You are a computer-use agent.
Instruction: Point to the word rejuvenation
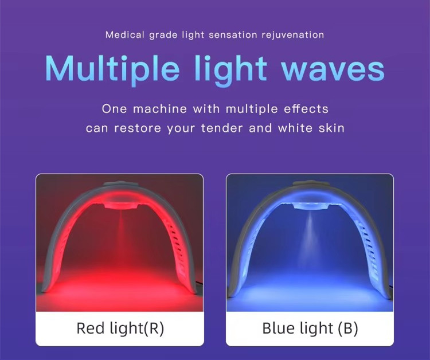tap(293, 35)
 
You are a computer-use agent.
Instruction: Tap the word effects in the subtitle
tap(307, 108)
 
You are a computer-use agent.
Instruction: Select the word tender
tap(223, 128)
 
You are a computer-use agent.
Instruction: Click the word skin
tap(332, 128)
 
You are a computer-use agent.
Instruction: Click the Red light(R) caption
tap(119, 328)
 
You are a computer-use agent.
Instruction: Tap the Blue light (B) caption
tap(310, 328)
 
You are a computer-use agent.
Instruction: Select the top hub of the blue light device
tap(310, 190)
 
